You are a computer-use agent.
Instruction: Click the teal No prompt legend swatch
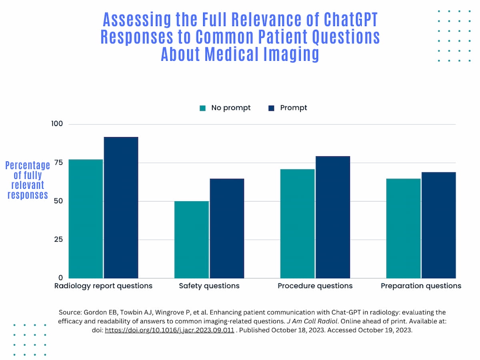point(203,108)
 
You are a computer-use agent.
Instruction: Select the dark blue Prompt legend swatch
point(272,108)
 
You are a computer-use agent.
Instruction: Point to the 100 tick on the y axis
point(57,124)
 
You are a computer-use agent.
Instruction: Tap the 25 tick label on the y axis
point(59,239)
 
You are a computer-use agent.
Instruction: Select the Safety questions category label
point(209,286)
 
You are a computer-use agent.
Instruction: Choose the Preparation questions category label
point(421,286)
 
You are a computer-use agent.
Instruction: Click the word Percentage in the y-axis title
point(28,165)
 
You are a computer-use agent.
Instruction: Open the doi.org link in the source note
point(170,331)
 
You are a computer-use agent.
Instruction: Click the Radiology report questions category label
point(103,286)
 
